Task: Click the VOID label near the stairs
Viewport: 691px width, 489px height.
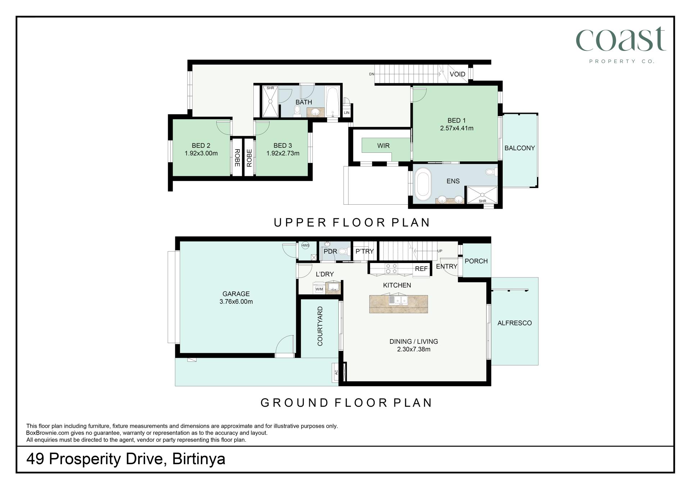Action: (x=457, y=74)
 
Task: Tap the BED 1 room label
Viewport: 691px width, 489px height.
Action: (x=456, y=120)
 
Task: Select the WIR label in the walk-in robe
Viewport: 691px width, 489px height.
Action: (x=383, y=146)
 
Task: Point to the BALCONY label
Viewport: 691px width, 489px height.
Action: (x=519, y=148)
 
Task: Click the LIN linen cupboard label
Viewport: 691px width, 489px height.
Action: (x=347, y=113)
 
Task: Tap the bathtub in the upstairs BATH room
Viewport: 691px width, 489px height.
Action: (x=332, y=102)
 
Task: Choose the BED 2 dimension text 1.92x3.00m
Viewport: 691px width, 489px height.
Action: (x=201, y=153)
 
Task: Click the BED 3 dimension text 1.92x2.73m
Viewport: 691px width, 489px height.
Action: (x=283, y=153)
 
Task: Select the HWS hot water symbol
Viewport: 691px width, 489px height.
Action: (x=305, y=246)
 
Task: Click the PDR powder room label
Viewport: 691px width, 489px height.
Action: (x=330, y=252)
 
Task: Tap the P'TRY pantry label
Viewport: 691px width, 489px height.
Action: (x=365, y=252)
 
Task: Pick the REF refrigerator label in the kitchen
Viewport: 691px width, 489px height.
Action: (x=421, y=269)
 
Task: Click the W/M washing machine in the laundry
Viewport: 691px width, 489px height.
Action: (x=319, y=289)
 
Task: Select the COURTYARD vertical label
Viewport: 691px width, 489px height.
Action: (x=320, y=326)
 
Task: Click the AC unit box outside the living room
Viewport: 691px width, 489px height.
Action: (x=336, y=372)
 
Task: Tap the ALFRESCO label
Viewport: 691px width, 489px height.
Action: (x=514, y=323)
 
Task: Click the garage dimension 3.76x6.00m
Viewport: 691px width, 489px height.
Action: (x=236, y=302)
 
